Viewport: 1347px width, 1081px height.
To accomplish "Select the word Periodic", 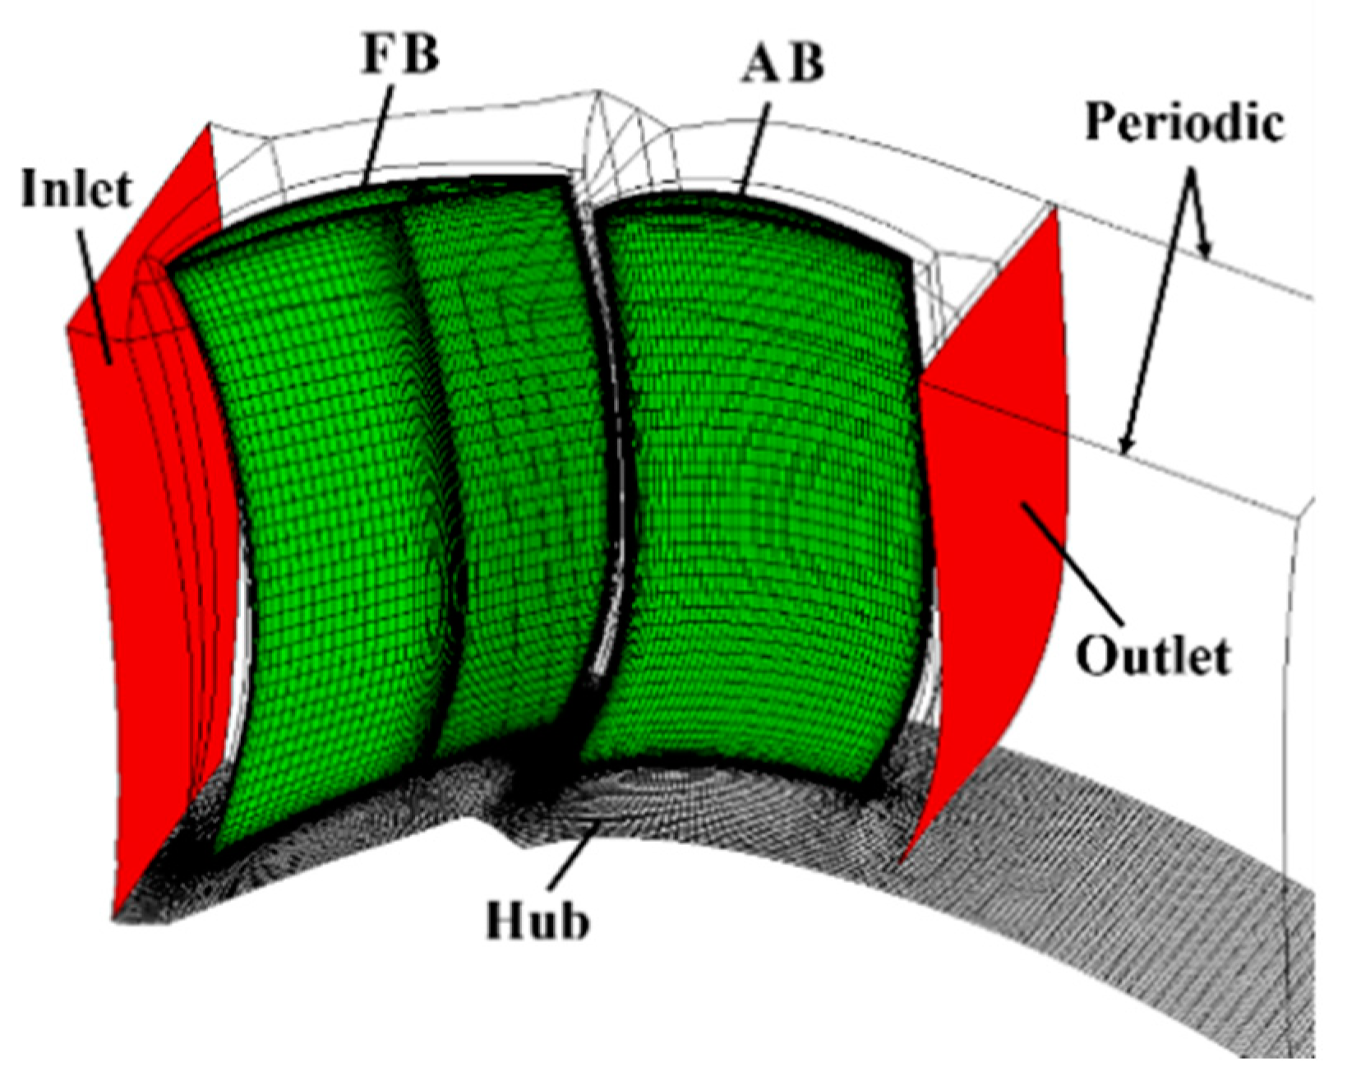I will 1184,124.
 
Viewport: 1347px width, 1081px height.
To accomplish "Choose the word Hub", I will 537,920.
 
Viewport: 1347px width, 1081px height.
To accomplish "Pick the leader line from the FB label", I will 376,132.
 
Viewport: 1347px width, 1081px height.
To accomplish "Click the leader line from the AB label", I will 753,144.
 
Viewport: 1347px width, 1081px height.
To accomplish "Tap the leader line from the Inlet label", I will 95,288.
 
